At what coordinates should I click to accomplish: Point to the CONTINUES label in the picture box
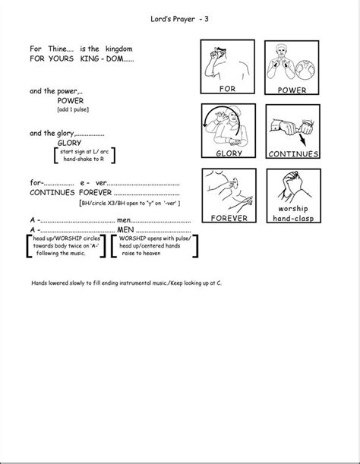coord(292,153)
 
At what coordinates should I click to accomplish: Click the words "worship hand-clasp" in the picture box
coord(292,213)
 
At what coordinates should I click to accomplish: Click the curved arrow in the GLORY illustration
coord(207,122)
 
